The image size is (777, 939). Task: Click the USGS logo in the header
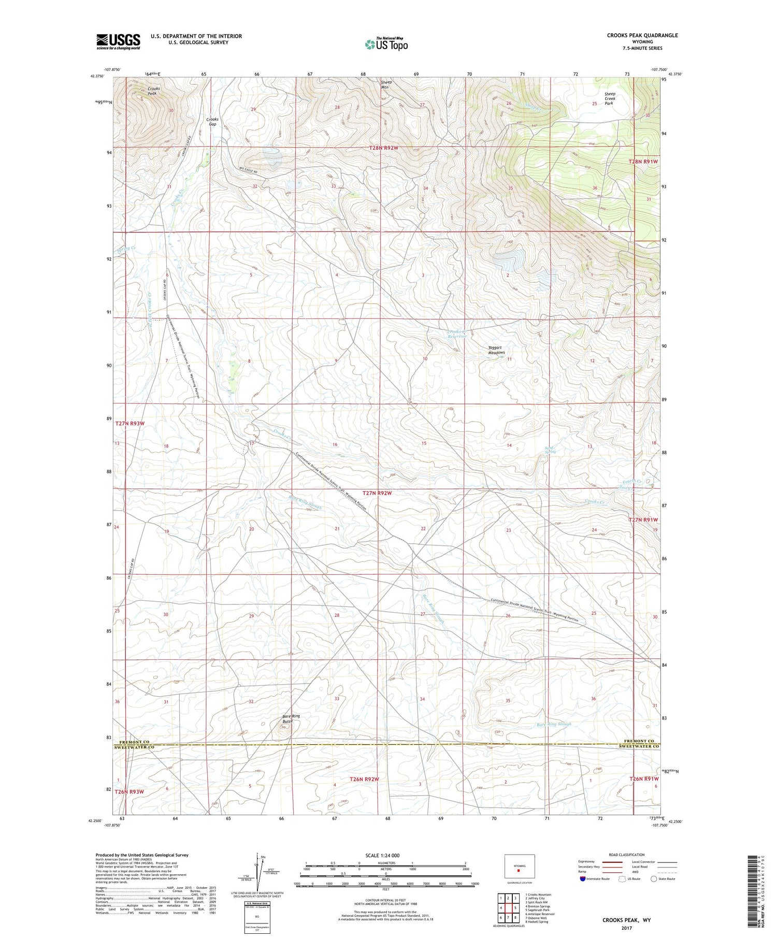coord(118,41)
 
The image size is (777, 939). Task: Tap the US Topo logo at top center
coord(386,45)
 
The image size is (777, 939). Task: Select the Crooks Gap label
coord(212,122)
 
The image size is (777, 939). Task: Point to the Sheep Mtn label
coord(386,84)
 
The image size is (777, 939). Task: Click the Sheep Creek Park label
coord(609,98)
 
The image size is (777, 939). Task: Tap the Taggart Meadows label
coord(496,350)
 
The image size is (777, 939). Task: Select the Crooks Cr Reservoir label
coord(457,334)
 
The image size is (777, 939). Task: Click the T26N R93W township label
coord(129,792)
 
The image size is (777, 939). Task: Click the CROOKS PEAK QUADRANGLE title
coord(642,35)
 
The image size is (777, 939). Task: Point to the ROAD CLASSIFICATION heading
coord(627,855)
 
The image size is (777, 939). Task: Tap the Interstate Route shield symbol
coord(584,879)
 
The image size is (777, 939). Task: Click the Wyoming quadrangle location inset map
coord(519,866)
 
